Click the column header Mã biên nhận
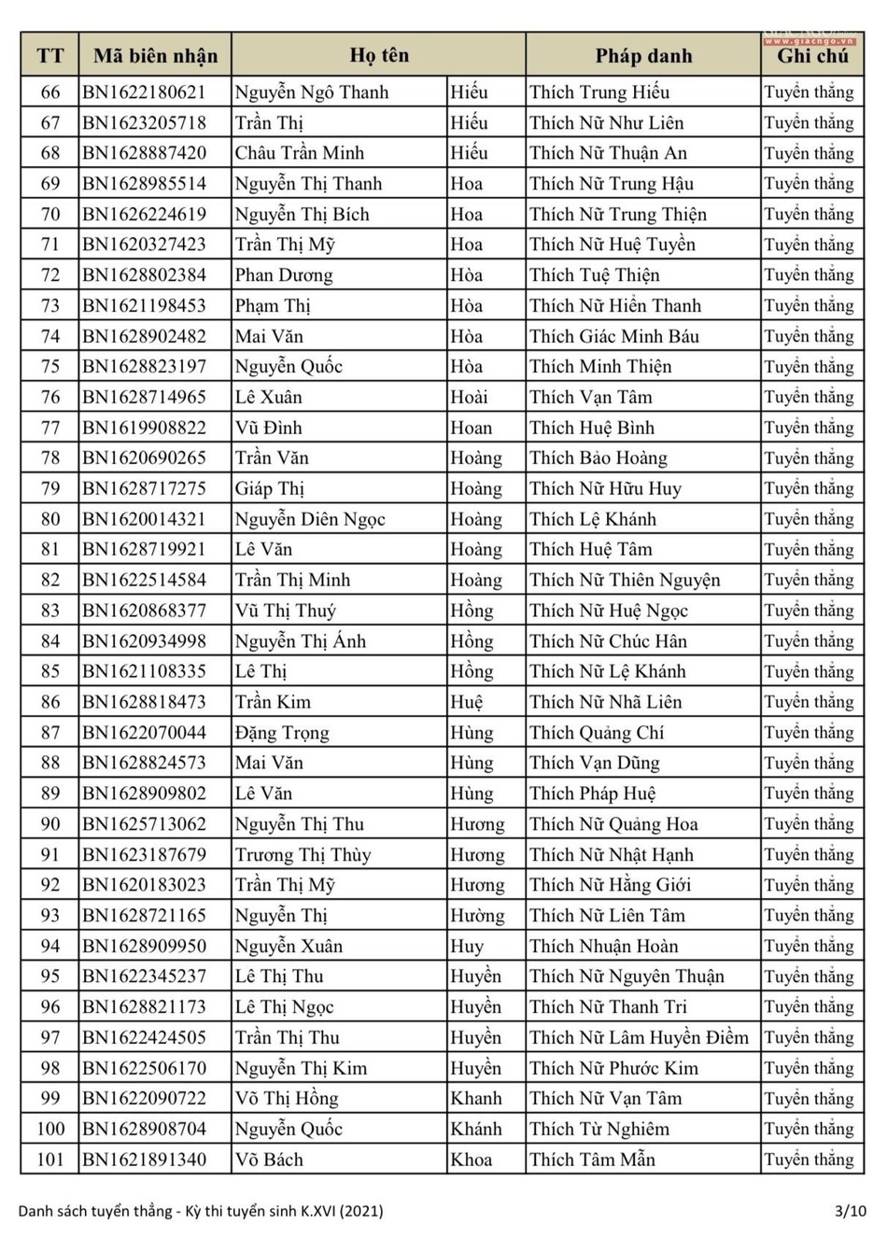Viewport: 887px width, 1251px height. (x=155, y=56)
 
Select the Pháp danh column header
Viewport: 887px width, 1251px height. (x=643, y=56)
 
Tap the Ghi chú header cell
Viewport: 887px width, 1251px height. (x=812, y=56)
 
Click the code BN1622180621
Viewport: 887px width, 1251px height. (x=144, y=92)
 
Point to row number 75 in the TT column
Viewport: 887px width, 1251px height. (x=50, y=367)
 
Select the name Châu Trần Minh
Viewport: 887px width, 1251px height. (x=300, y=153)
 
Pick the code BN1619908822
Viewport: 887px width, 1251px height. (x=144, y=428)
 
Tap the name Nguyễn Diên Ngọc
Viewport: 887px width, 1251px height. (x=310, y=519)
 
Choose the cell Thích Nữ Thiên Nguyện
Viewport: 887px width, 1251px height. (x=625, y=580)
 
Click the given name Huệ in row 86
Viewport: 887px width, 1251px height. (x=467, y=702)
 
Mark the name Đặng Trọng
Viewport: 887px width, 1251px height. (x=282, y=733)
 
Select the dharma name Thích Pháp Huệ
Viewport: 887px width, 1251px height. (x=592, y=794)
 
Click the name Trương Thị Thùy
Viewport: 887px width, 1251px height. (x=303, y=855)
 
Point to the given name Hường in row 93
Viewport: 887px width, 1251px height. (x=477, y=916)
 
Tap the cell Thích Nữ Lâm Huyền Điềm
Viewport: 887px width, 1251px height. (x=639, y=1037)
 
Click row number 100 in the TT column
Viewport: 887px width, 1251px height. (x=50, y=1129)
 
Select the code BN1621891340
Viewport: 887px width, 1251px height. (x=144, y=1160)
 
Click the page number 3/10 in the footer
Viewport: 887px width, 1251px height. (x=850, y=1211)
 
